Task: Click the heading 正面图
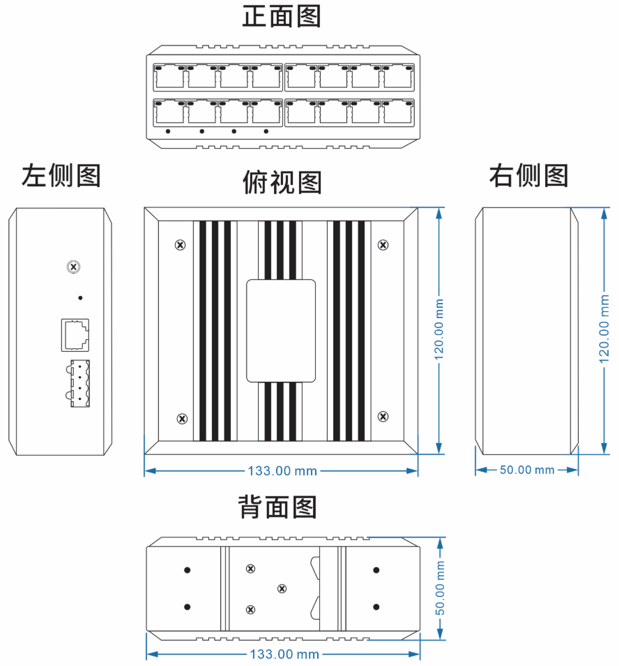pos(282,16)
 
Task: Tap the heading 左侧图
pos(61,176)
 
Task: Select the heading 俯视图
pos(282,183)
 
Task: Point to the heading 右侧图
pos(528,176)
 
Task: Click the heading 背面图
pos(277,507)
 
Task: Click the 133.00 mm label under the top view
pos(283,471)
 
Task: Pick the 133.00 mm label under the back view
pos(284,654)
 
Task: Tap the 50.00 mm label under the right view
pos(527,470)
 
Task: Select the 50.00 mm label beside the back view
pos(440,588)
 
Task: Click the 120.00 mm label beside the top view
pos(439,330)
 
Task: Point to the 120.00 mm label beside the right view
pos(604,329)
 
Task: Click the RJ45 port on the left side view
pos(75,335)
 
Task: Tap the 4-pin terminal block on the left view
pos(80,383)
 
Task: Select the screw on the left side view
pos(74,267)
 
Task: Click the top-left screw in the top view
pos(181,245)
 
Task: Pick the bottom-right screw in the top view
pos(383,417)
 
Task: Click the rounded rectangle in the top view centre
pos(281,331)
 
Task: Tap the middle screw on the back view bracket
pos(282,588)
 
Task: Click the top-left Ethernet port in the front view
pos(169,77)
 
